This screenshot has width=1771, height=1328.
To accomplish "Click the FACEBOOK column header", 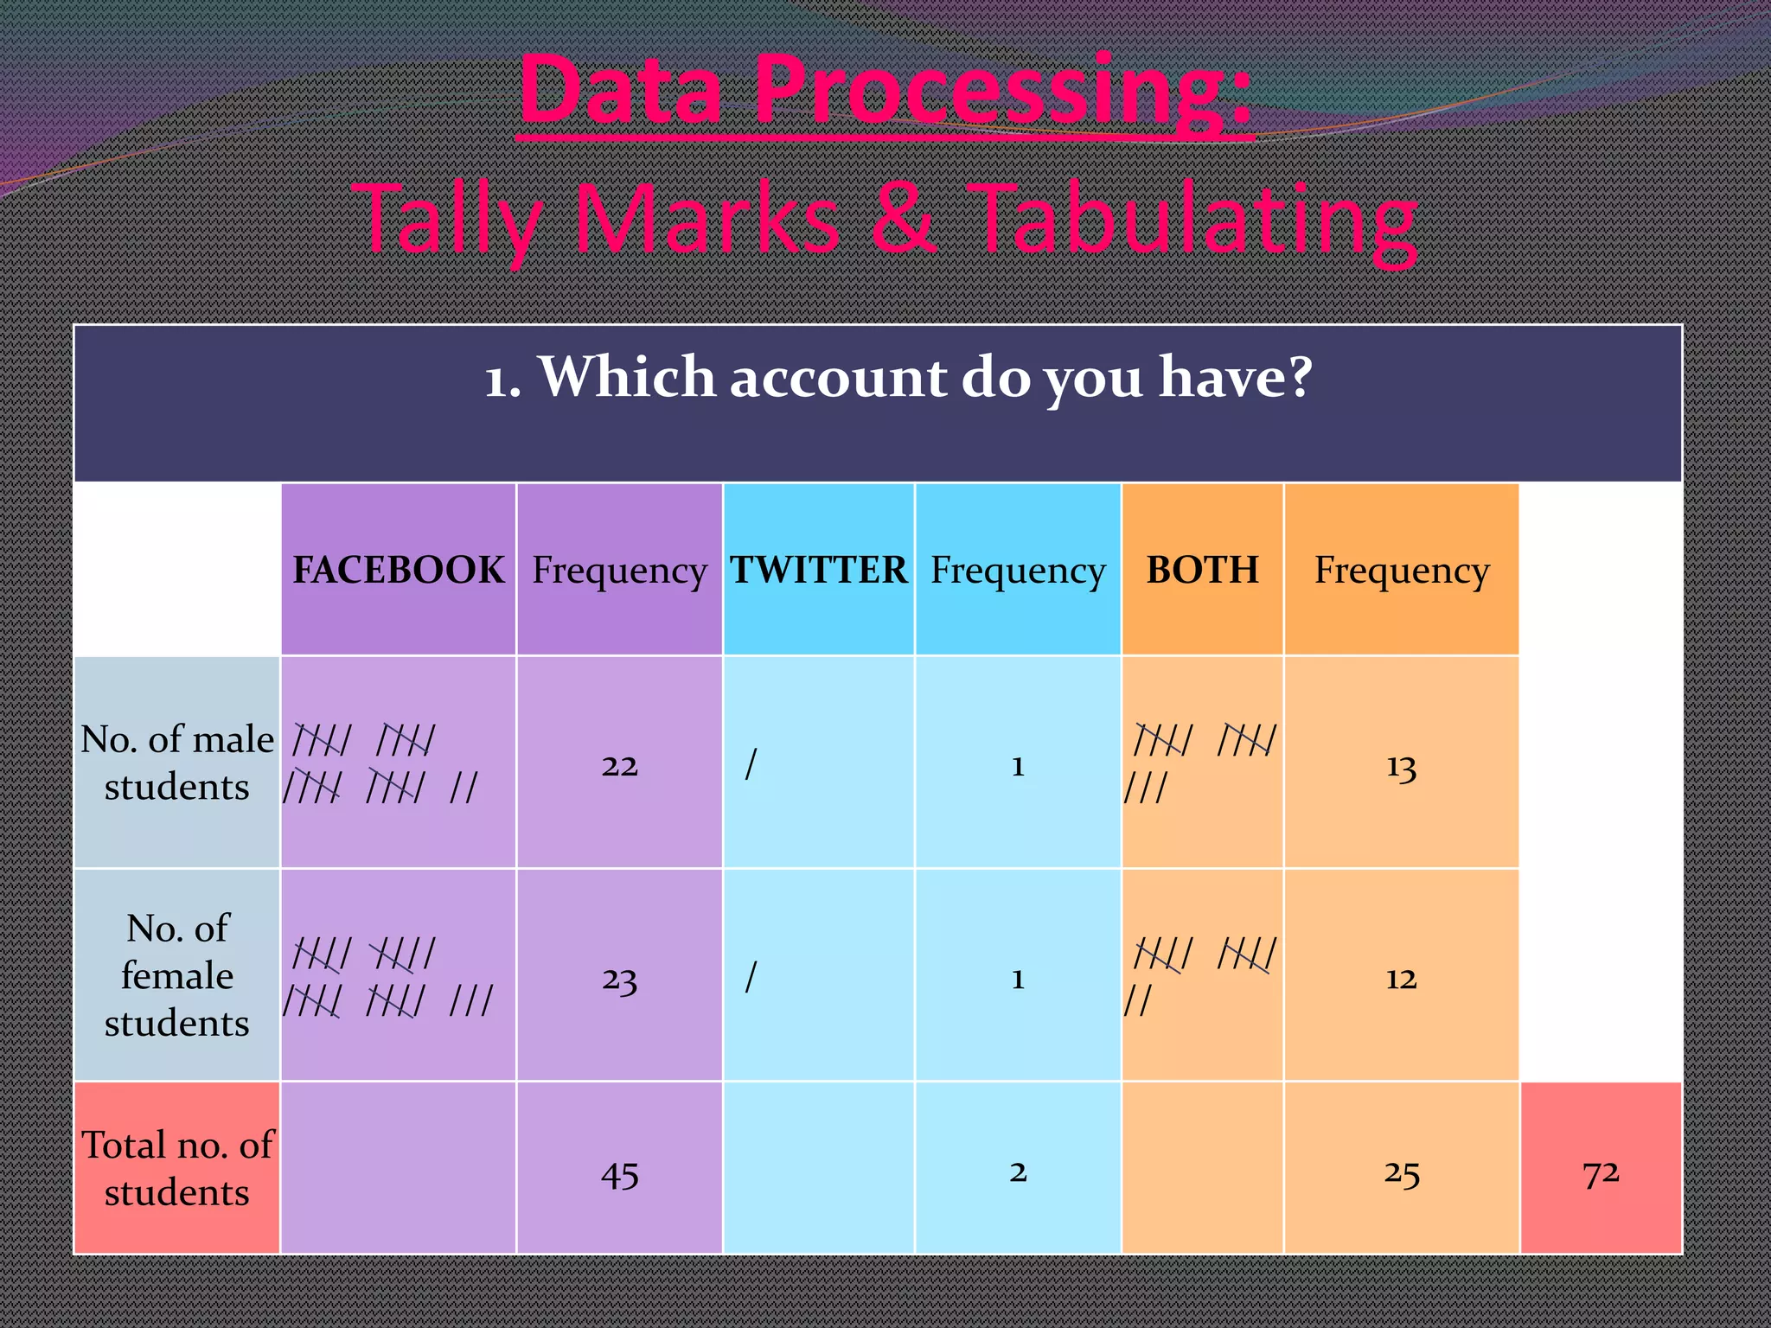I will [x=398, y=570].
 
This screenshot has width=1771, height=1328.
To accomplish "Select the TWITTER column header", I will [x=818, y=570].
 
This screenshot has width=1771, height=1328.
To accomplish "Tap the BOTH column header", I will [x=1202, y=570].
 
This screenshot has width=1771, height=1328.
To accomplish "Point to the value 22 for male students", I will [x=619, y=766].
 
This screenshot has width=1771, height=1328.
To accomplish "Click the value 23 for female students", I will [x=619, y=980].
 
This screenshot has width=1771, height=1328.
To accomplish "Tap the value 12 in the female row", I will [x=1401, y=979].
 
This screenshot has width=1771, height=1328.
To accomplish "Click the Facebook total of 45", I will [x=619, y=1175].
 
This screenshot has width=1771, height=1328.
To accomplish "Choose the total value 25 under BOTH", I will [x=1401, y=1173].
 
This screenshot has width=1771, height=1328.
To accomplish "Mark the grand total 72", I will [x=1601, y=1173].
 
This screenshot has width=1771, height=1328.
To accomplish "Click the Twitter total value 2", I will [x=1018, y=1172].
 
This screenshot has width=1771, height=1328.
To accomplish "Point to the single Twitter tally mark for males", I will [x=751, y=764].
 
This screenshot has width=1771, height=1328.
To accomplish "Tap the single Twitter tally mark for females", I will [x=751, y=977].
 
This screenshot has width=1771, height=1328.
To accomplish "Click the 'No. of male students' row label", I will [x=176, y=763].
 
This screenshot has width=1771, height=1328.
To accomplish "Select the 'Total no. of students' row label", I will [x=176, y=1168].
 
